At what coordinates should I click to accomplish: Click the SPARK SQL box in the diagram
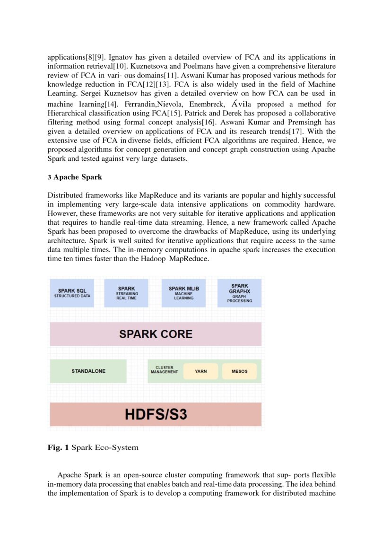(x=72, y=293)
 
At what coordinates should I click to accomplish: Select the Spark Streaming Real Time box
(x=127, y=293)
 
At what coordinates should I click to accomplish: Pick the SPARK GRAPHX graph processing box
(x=239, y=293)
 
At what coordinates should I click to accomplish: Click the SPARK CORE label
(x=156, y=334)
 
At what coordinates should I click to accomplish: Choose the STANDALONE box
(x=88, y=371)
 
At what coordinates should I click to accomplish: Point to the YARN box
(x=200, y=371)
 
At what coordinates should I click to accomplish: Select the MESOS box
(x=239, y=371)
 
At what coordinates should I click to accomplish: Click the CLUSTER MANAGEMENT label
(x=164, y=369)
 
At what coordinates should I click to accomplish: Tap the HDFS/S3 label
(x=156, y=414)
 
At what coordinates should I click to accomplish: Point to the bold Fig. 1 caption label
(x=58, y=448)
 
